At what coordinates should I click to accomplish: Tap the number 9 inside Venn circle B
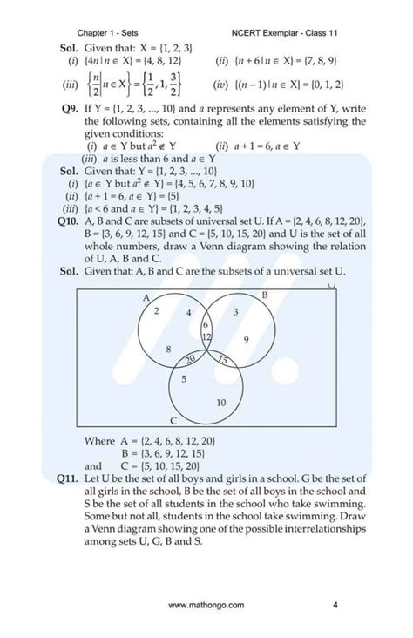pos(247,339)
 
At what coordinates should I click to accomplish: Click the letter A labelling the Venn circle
pos(146,296)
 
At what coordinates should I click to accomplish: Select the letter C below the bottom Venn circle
pos(173,420)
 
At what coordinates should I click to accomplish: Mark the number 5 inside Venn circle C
pos(183,379)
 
